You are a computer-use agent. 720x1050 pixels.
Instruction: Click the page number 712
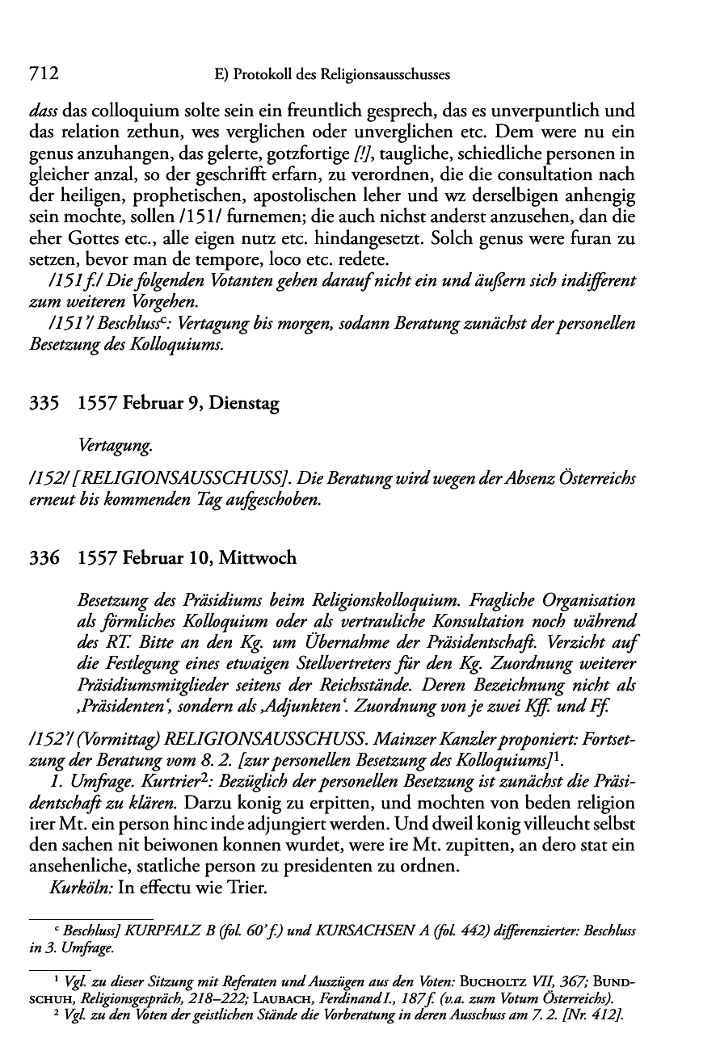click(43, 73)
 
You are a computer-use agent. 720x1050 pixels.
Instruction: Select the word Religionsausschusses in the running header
click(385, 75)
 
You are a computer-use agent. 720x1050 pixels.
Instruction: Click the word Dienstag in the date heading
click(243, 405)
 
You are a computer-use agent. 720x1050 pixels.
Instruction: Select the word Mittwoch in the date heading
click(259, 558)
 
